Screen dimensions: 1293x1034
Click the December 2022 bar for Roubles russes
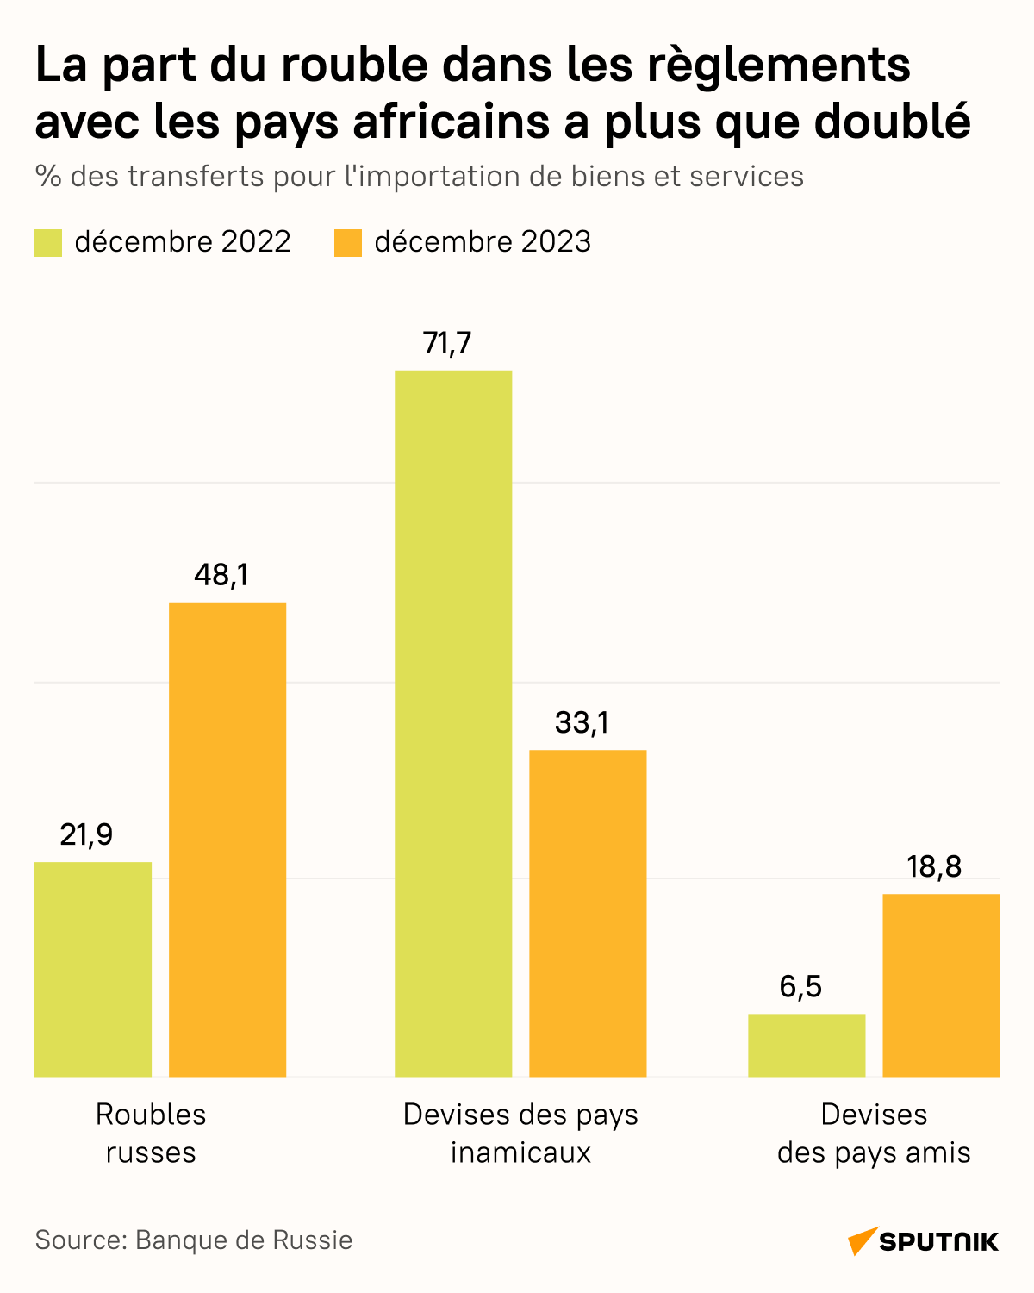click(x=93, y=969)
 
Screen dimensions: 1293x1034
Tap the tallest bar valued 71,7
click(x=453, y=723)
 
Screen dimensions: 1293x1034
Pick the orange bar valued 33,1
click(x=588, y=913)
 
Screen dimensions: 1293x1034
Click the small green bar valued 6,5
click(x=807, y=1045)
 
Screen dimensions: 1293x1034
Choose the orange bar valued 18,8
click(x=941, y=985)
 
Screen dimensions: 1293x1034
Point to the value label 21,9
click(x=86, y=834)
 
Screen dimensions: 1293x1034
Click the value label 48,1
click(x=221, y=575)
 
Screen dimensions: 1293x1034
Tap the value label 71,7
click(x=447, y=343)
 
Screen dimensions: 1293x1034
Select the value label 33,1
click(x=582, y=722)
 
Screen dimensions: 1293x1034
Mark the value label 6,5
click(x=800, y=986)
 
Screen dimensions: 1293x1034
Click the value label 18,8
click(x=934, y=866)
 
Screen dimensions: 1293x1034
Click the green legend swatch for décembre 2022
click(x=48, y=242)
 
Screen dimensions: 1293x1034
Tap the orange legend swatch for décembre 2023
click(x=348, y=242)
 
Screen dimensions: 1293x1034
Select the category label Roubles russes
click(x=151, y=1133)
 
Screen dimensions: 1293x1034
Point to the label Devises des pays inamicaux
click(x=520, y=1133)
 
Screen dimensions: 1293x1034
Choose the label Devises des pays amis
click(x=874, y=1133)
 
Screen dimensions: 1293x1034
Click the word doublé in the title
click(x=892, y=122)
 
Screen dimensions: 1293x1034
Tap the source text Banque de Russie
click(x=244, y=1240)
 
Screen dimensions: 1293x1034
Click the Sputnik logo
click(x=924, y=1241)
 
